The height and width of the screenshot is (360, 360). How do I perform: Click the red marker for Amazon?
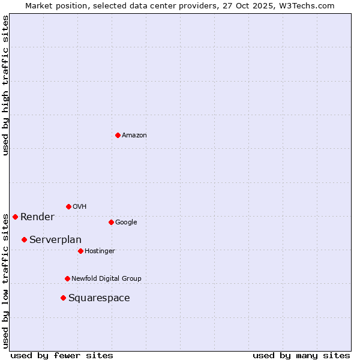118,135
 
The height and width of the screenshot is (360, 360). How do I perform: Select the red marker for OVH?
68,206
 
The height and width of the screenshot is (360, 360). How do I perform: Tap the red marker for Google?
111,222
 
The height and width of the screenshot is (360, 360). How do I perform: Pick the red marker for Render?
15,217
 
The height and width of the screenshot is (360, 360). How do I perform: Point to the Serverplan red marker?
24,239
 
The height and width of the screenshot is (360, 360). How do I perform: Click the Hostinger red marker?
80,251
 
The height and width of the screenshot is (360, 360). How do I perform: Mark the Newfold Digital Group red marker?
67,278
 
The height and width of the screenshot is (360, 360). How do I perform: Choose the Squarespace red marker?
63,298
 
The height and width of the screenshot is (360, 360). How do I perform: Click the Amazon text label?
134,136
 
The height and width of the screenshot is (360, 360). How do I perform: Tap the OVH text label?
80,207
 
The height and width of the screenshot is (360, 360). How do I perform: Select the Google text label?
126,223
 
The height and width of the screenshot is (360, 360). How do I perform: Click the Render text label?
37,217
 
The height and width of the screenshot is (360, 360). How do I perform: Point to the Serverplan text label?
55,240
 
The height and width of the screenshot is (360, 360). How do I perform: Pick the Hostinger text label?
100,251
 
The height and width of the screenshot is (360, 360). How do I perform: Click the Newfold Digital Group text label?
106,279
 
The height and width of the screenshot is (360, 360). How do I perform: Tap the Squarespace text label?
99,298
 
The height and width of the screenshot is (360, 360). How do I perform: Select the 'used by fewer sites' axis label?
62,355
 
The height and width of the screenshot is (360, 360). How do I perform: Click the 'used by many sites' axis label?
301,355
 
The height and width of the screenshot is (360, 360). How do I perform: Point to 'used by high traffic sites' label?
5,85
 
